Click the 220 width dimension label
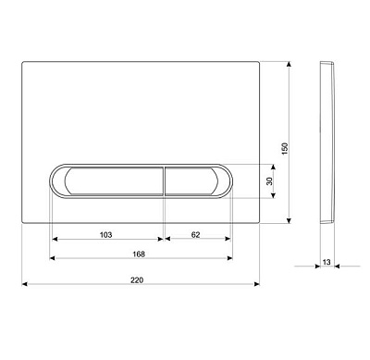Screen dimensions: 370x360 tap(137, 280)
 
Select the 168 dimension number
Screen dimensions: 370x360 tap(139, 254)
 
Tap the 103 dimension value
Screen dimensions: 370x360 tap(105, 235)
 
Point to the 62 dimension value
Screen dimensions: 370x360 tap(196, 235)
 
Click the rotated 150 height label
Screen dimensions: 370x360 tap(285, 149)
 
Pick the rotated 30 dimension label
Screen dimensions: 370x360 tap(270, 180)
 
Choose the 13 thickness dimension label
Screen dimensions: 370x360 tap(327, 262)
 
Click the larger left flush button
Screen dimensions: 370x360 tap(114, 181)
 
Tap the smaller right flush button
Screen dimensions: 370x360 tap(191, 181)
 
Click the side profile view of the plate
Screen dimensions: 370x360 tap(327, 143)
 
